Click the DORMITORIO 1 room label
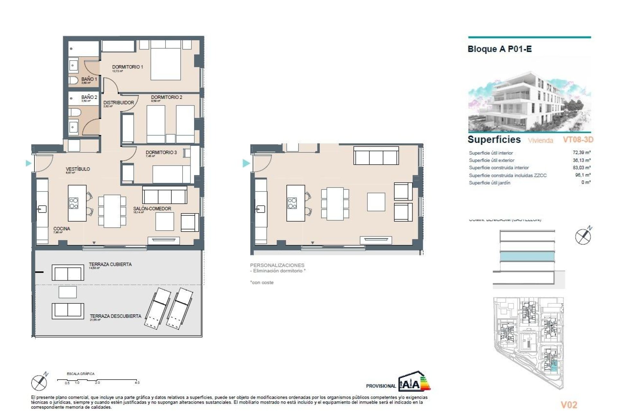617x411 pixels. (x=127, y=67)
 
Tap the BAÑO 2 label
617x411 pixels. (x=89, y=97)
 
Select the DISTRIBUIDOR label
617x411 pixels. (x=118, y=103)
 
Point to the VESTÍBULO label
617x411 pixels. (x=78, y=169)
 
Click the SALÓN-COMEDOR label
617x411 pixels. (x=152, y=209)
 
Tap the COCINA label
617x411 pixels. (x=62, y=229)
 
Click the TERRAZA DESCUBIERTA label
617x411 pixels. (x=115, y=316)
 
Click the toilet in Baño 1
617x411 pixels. (x=73, y=80)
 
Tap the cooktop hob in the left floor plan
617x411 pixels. (x=74, y=203)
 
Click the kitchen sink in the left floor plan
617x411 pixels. (x=41, y=209)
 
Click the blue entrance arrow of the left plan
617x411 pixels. (x=28, y=163)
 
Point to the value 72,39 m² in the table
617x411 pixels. (x=581, y=153)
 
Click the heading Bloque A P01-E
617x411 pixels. (x=499, y=49)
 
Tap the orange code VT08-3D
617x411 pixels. (x=578, y=140)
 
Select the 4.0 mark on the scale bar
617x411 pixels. (x=137, y=383)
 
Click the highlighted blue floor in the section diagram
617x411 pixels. (x=527, y=256)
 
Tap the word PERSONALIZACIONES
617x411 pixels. (x=277, y=265)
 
